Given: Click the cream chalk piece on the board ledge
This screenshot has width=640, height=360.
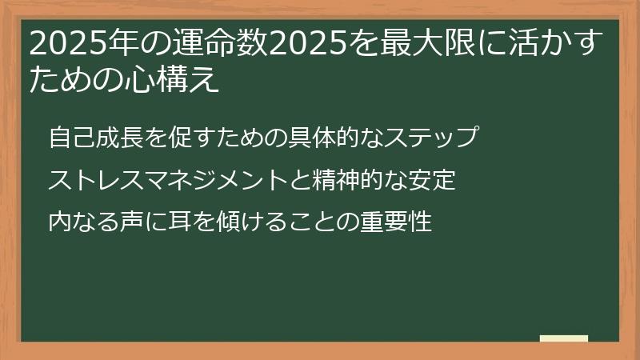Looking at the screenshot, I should (x=564, y=339).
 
